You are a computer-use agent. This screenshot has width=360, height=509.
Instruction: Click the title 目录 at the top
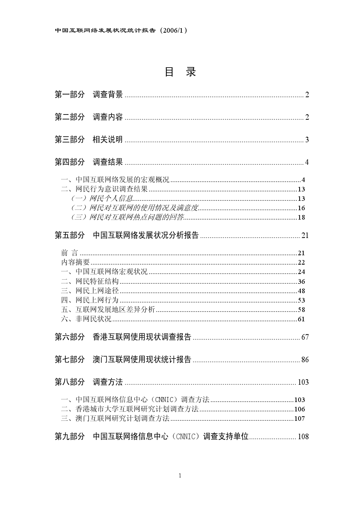pyautogui.click(x=180, y=72)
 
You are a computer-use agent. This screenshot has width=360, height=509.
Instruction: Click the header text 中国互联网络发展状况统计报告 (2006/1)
pyautogui.click(x=121, y=31)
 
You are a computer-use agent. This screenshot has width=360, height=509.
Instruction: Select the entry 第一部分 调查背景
pyautogui.click(x=89, y=95)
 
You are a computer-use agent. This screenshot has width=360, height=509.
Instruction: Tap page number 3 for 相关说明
pyautogui.click(x=307, y=140)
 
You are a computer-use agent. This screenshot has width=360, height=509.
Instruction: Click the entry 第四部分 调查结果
pyautogui.click(x=89, y=162)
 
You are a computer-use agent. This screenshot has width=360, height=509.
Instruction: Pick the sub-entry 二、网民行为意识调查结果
pyautogui.click(x=104, y=189)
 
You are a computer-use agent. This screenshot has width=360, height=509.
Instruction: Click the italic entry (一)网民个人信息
pyautogui.click(x=102, y=199)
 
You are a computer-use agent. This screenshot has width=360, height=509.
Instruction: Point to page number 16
pyautogui.click(x=301, y=208)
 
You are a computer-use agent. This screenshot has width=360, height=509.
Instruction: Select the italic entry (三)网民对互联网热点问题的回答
pyautogui.click(x=128, y=217)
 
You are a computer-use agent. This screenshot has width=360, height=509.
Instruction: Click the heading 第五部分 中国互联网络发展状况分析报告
pyautogui.click(x=127, y=235)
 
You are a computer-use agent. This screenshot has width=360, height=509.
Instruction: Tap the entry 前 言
pyautogui.click(x=70, y=253)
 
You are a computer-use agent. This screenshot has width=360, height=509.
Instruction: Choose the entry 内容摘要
pyautogui.click(x=75, y=262)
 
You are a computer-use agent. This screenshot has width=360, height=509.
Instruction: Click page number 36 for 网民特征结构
pyautogui.click(x=301, y=282)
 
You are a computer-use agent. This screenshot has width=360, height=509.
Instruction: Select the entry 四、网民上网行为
pyautogui.click(x=90, y=300)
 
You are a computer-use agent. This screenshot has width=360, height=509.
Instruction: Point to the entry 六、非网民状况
pyautogui.click(x=86, y=319)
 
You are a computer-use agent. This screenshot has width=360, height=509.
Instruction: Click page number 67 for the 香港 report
pyautogui.click(x=305, y=337)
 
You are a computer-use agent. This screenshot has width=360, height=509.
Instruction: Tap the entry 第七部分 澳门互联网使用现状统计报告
pyautogui.click(x=123, y=360)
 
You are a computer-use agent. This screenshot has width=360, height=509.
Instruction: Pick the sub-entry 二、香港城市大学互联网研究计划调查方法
pyautogui.click(x=130, y=409)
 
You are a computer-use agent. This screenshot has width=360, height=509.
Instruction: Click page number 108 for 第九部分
pyautogui.click(x=303, y=437)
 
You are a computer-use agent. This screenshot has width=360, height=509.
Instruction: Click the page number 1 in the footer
pyautogui.click(x=180, y=476)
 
